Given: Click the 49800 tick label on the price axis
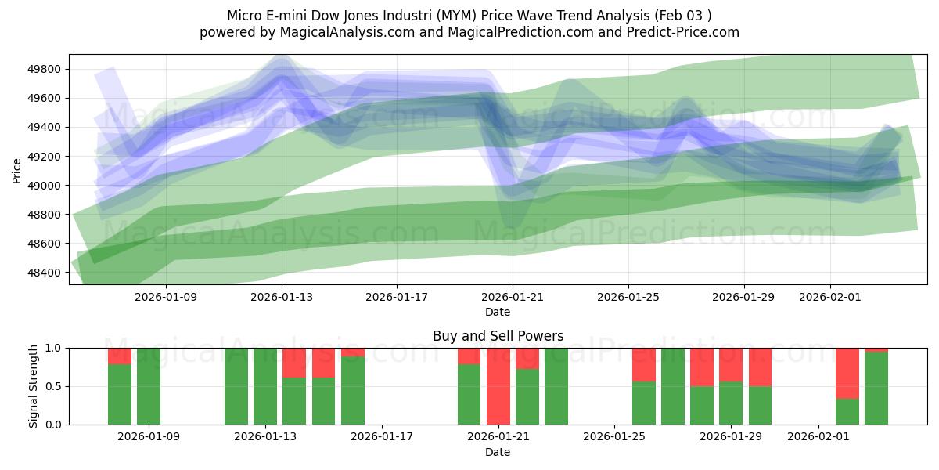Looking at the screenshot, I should (x=45, y=70).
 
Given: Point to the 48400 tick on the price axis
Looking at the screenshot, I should (x=45, y=273).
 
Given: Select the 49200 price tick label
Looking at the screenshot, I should (x=45, y=157).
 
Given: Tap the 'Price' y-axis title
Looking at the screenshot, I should (x=17, y=169).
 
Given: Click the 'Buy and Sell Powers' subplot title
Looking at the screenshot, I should (x=498, y=336).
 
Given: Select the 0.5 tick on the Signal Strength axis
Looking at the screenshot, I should (x=52, y=386).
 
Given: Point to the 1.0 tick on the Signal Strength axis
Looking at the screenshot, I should (x=52, y=348).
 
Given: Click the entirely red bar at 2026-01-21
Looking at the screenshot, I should (x=498, y=386).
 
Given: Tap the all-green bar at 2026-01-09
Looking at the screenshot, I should (x=149, y=386).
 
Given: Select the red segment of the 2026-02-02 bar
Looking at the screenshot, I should (x=847, y=373).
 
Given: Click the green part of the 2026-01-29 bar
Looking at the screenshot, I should (x=731, y=403).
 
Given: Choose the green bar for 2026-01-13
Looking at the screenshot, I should (x=265, y=386).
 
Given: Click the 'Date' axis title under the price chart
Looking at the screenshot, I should (x=498, y=312).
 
